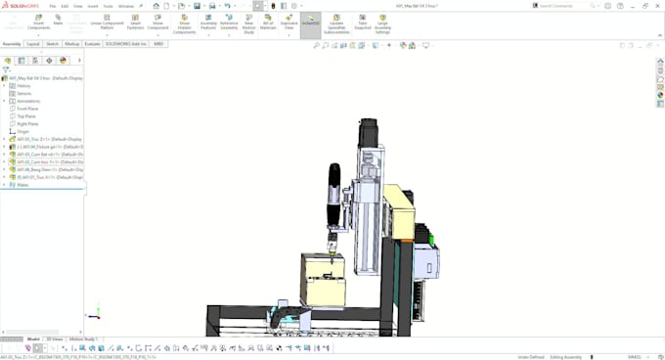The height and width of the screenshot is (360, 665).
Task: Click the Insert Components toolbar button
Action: (39, 22)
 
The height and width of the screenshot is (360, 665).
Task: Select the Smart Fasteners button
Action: (134, 22)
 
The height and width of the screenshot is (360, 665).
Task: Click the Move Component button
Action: (158, 22)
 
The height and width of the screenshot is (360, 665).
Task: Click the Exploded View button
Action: (289, 22)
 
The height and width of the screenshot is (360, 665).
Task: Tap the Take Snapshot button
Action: (363, 22)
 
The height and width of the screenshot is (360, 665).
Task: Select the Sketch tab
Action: (52, 44)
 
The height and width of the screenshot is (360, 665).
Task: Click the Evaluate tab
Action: (92, 44)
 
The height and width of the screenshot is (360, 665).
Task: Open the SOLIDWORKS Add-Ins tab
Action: (126, 44)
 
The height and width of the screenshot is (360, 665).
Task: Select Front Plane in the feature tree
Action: (27, 109)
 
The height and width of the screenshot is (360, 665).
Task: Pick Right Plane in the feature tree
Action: (27, 124)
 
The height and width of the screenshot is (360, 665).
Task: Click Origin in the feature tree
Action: (22, 131)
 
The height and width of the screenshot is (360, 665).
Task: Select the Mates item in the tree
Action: (22, 184)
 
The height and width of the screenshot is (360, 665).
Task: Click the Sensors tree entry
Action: (23, 93)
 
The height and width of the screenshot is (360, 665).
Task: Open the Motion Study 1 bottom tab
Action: (83, 338)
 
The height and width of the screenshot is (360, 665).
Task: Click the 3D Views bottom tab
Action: (56, 338)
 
